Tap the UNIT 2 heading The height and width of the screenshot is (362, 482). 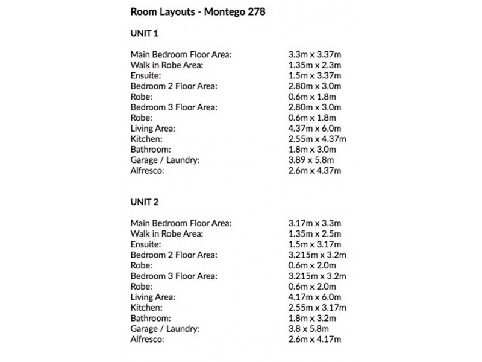point(144,202)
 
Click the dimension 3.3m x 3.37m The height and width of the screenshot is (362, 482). point(315,55)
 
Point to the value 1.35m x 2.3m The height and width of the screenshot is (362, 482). point(315,65)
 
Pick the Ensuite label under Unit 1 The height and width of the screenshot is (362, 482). point(146,76)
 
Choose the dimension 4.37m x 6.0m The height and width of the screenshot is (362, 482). point(315,129)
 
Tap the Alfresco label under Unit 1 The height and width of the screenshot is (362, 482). point(147,171)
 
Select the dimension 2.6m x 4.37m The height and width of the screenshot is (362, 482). point(315,171)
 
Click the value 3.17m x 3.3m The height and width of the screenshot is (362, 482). point(315,223)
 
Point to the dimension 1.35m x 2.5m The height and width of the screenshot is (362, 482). point(315,233)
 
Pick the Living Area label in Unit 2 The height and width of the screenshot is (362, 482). point(153,297)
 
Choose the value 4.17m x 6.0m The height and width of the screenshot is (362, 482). point(315,297)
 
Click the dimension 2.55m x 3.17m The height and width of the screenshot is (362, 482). point(317,307)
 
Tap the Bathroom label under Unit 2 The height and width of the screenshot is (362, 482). point(151,318)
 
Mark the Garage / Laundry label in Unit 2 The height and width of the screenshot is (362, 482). point(164,328)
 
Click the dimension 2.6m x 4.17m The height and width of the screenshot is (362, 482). point(315,339)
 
